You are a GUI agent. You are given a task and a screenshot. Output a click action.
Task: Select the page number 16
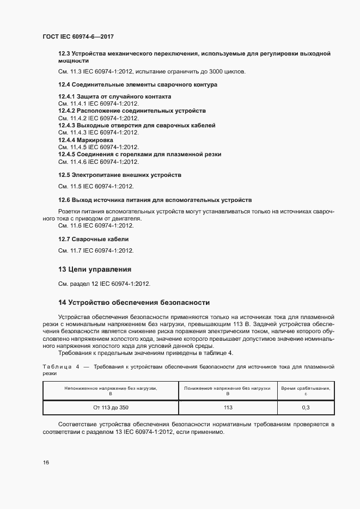[46, 462]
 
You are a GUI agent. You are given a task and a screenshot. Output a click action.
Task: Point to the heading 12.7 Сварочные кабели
[94, 240]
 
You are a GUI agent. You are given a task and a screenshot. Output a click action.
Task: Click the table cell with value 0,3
[306, 407]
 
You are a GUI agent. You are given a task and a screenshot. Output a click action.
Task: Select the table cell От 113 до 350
[111, 407]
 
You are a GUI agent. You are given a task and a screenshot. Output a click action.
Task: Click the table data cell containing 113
[228, 407]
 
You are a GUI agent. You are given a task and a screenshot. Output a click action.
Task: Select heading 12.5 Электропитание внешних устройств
[119, 175]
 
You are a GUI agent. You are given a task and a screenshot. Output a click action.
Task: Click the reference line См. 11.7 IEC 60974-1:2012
[96, 250]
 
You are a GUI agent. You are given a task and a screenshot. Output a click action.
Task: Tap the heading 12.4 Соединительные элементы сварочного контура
[137, 85]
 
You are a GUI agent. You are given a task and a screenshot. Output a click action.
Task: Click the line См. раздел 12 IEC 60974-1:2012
[104, 284]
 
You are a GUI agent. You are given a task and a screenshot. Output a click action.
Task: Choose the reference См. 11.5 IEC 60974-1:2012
[96, 186]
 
